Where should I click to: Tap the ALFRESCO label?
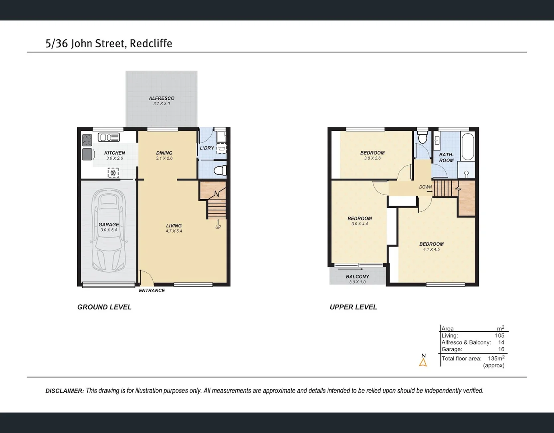(162, 98)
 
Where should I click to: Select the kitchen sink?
(109, 138)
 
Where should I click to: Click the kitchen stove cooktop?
(87, 140)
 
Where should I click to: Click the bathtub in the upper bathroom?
(467, 147)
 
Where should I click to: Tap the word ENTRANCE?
(152, 291)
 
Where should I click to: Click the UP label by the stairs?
(218, 227)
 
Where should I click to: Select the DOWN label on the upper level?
(425, 187)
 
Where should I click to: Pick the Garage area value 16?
(501, 349)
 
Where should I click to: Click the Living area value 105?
(499, 336)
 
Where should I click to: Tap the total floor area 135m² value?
(496, 358)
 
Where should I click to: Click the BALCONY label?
(357, 277)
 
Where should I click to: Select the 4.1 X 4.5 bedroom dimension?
(431, 249)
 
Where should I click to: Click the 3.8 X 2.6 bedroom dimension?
(372, 158)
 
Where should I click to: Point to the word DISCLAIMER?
(65, 391)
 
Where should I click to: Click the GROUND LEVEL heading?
(104, 307)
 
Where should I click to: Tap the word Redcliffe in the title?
(151, 43)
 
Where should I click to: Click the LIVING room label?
(174, 226)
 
